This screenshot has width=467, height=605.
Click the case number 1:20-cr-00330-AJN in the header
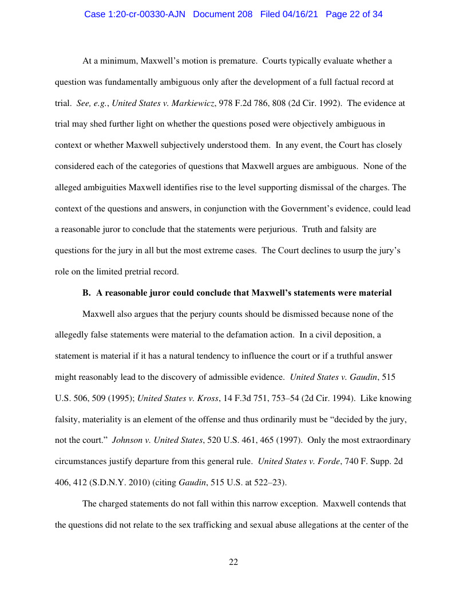pos(136,14)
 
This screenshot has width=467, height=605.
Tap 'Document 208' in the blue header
pos(223,14)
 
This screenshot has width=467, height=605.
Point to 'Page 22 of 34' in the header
pos(354,14)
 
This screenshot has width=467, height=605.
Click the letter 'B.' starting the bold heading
pos(87,293)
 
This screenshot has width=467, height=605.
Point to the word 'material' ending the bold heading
pos(375,293)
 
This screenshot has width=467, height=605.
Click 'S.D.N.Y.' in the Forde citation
pos(112,482)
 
